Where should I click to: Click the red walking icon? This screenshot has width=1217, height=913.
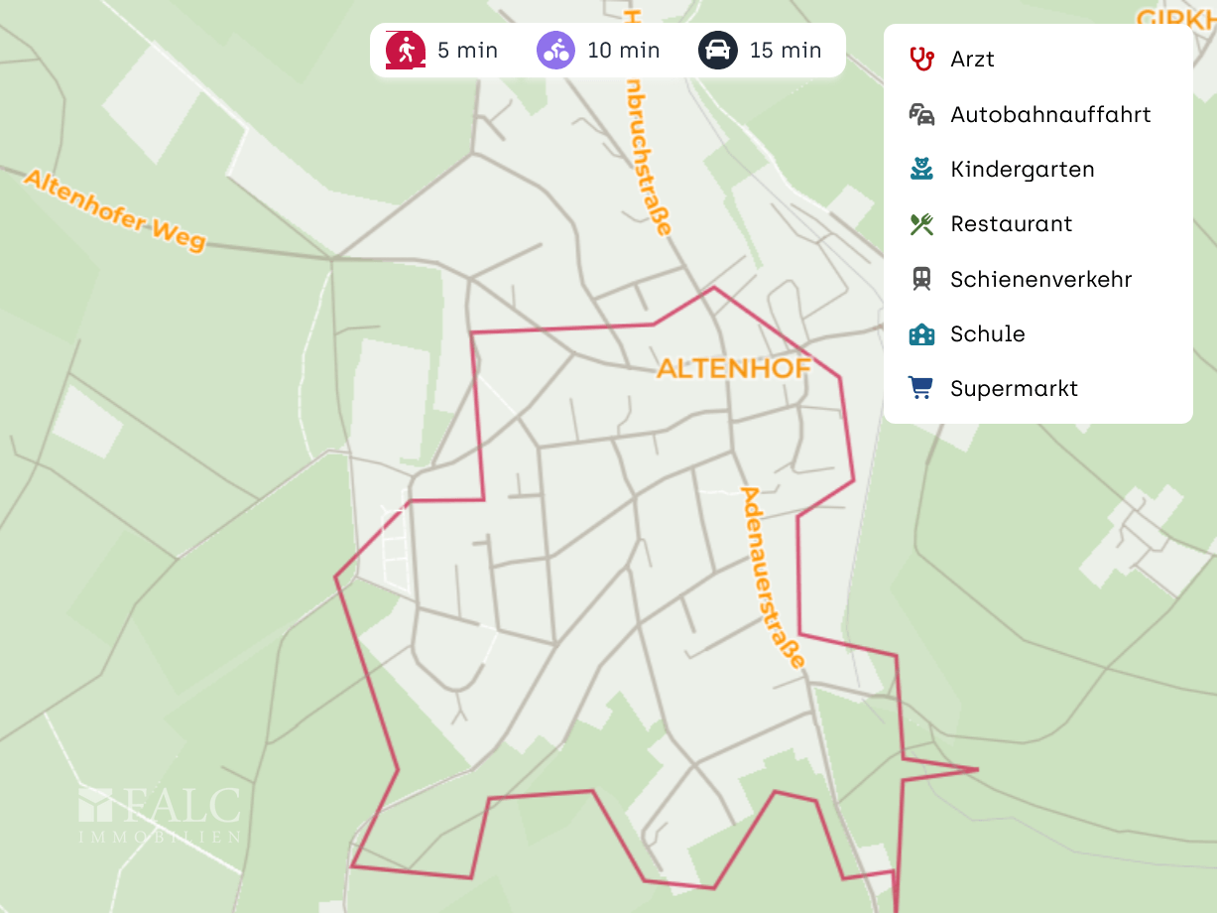tap(405, 50)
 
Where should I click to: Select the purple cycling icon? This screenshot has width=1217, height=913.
tap(555, 50)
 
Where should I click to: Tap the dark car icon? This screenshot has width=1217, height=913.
tap(717, 50)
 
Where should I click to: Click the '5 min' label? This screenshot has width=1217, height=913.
tap(467, 50)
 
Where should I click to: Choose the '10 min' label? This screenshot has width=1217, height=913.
tap(623, 50)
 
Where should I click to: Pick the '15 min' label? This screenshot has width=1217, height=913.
tap(786, 50)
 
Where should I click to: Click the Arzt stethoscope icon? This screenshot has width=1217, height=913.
tap(921, 59)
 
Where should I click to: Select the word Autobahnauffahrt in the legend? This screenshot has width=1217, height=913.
tap(1050, 114)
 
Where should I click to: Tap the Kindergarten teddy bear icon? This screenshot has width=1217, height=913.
tap(921, 169)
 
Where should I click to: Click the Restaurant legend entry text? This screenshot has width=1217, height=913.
tap(1011, 223)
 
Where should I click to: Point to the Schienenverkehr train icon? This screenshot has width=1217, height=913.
tap(921, 279)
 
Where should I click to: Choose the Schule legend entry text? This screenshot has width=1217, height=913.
tap(987, 333)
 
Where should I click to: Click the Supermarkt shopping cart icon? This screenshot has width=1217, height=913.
tap(921, 388)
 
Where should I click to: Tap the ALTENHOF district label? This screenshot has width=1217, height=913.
tap(733, 368)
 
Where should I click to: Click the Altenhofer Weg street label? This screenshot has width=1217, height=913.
tap(114, 209)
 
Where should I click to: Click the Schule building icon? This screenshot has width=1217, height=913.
tap(921, 333)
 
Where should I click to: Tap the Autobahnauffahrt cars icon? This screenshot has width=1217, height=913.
tap(921, 114)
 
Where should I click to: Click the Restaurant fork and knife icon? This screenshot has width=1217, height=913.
tap(921, 223)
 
